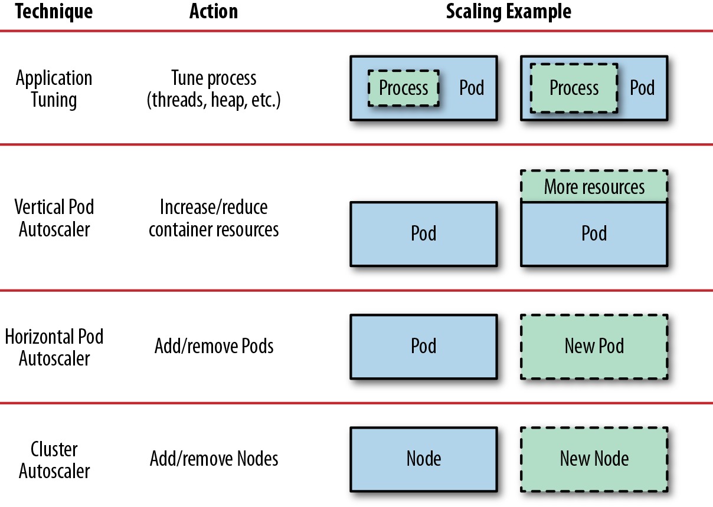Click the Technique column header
tap(54, 12)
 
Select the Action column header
tap(214, 11)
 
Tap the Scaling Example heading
tap(508, 12)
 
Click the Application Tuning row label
tap(54, 89)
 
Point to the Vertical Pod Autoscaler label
tap(54, 218)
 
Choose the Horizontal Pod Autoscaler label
tap(54, 347)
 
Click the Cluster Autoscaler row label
tap(54, 460)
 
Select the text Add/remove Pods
tap(214, 346)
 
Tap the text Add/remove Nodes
tap(214, 459)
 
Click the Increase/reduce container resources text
tap(214, 218)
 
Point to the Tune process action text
tap(214, 90)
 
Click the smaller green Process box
tap(403, 88)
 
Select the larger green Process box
tap(574, 88)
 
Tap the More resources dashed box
tap(594, 186)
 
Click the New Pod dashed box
tap(594, 347)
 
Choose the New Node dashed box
tap(594, 459)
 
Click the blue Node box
tap(424, 459)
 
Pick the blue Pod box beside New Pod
tap(424, 347)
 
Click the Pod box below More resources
tap(594, 234)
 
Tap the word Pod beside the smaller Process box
tap(472, 88)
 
